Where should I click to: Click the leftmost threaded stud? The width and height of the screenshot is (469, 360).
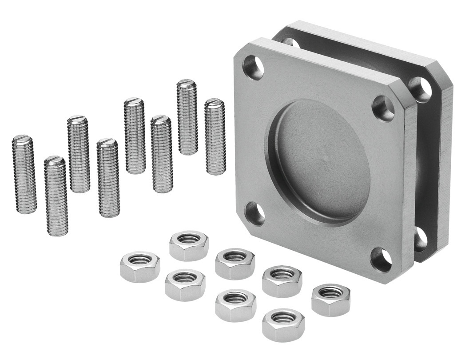pos(24,174)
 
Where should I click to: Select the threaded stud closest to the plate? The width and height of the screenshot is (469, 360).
pos(215,136)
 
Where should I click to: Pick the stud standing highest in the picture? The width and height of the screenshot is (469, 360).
pos(187,116)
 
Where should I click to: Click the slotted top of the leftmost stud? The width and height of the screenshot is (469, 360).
pos(22,139)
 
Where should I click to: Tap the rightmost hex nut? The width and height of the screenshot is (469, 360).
pos(330,300)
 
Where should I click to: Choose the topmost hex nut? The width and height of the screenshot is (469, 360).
pos(188,245)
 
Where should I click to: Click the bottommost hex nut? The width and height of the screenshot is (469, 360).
pos(283,324)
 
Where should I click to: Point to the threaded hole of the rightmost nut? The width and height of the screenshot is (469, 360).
pos(330,293)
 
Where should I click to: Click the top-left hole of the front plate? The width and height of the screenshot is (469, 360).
pos(254,67)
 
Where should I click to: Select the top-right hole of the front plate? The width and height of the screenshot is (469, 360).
pos(383,108)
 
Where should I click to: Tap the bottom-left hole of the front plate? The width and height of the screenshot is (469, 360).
pos(254,213)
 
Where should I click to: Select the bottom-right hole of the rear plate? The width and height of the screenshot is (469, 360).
pos(420,240)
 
